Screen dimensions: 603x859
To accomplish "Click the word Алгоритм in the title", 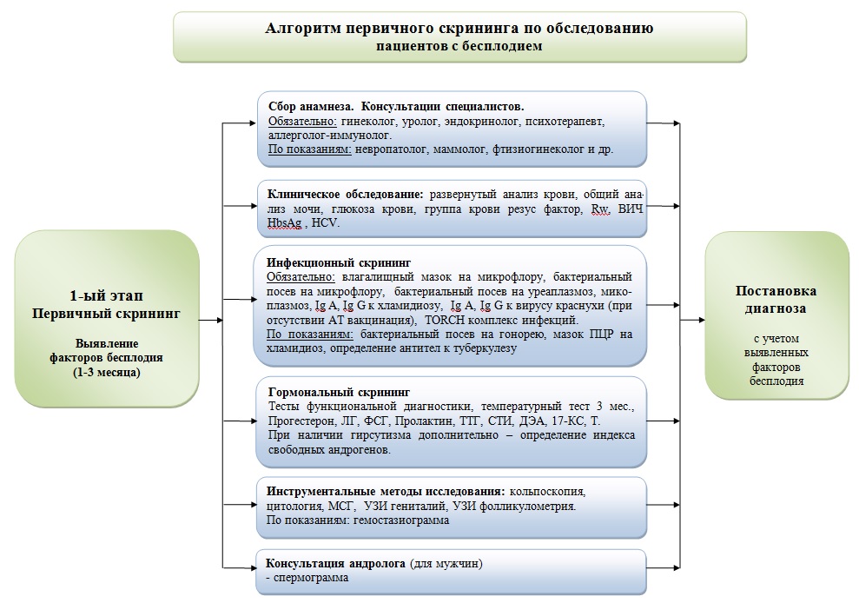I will point(302,29).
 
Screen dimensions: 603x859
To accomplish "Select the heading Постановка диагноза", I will point(775,299).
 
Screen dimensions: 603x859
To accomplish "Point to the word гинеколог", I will point(370,122).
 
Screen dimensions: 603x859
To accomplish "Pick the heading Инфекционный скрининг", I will point(325,262).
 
